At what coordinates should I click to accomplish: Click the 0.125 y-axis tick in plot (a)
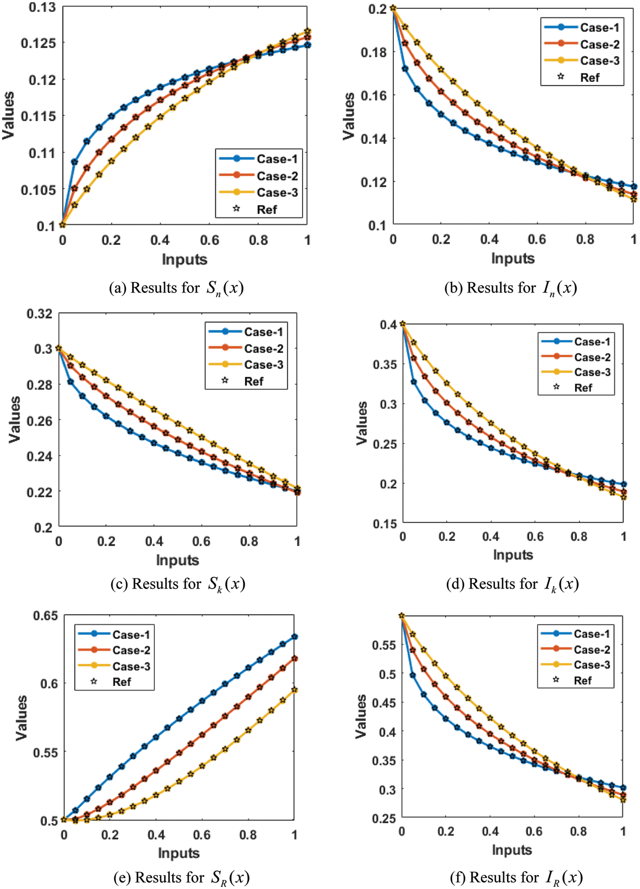pyautogui.click(x=38, y=43)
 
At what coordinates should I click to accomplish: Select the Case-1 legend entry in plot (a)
pyautogui.click(x=277, y=159)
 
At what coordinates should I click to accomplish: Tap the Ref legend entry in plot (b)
pyautogui.click(x=590, y=78)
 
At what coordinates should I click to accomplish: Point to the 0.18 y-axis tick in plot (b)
pyautogui.click(x=374, y=52)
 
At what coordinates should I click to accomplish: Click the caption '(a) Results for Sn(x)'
pyautogui.click(x=176, y=288)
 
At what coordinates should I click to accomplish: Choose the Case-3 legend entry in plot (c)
pyautogui.click(x=263, y=365)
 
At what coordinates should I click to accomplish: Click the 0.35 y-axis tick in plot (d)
pyautogui.click(x=384, y=364)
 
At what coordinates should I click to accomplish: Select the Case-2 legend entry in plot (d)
pyautogui.click(x=592, y=357)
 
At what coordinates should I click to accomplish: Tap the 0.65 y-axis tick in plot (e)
pyautogui.click(x=45, y=616)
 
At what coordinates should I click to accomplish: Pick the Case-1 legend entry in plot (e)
pyautogui.click(x=131, y=635)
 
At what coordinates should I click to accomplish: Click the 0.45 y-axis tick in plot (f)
pyautogui.click(x=384, y=703)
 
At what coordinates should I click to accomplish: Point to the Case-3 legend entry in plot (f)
pyautogui.click(x=592, y=665)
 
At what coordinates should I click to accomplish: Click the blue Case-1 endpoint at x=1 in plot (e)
pyautogui.click(x=294, y=637)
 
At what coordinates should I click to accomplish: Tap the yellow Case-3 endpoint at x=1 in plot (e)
pyautogui.click(x=294, y=690)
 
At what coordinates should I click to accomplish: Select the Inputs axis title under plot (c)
pyautogui.click(x=177, y=560)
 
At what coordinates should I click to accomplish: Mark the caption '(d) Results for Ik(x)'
pyautogui.click(x=512, y=584)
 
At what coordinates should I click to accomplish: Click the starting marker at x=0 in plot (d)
pyautogui.click(x=402, y=324)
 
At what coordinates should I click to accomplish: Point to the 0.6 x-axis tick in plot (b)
pyautogui.click(x=537, y=239)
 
